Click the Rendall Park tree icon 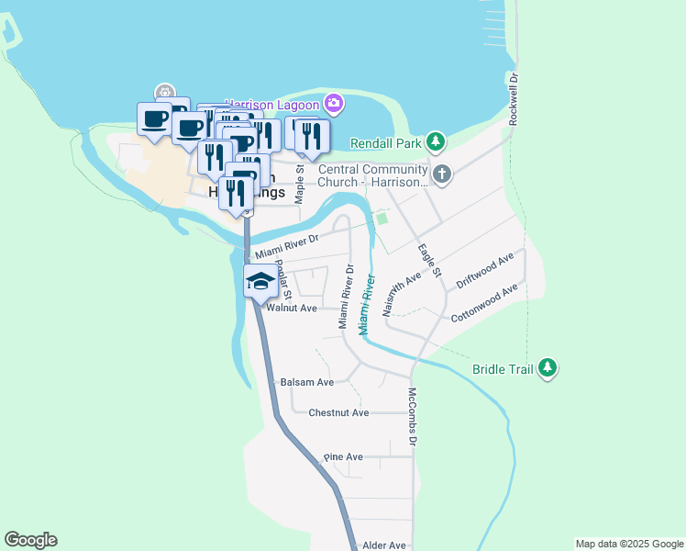[x=437, y=142]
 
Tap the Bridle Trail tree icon [x=548, y=368]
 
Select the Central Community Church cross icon [x=442, y=174]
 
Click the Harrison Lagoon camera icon [x=334, y=103]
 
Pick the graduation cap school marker [x=260, y=282]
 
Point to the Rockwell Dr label [x=514, y=99]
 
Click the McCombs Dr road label [x=413, y=417]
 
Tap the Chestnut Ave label [x=338, y=413]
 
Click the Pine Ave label [x=344, y=456]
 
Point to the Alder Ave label [x=384, y=545]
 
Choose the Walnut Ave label [x=291, y=309]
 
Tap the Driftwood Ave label [x=485, y=273]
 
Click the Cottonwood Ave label [x=485, y=303]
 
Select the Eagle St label [x=429, y=261]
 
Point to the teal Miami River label [x=366, y=304]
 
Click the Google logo [x=30, y=540]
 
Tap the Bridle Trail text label [x=502, y=369]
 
